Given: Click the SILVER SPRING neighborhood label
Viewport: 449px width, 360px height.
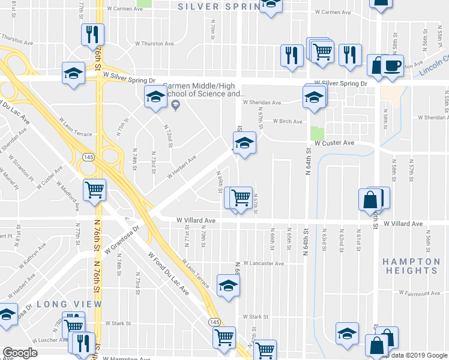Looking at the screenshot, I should [218, 7].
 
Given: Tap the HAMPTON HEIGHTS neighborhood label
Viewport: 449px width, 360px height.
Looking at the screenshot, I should [412, 266].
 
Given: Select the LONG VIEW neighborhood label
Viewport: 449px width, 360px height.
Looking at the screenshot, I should [70, 304].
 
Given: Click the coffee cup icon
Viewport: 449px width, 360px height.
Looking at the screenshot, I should [392, 65].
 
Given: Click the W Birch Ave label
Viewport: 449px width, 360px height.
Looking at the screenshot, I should [288, 121].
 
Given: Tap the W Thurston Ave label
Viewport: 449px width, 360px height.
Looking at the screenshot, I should [154, 44].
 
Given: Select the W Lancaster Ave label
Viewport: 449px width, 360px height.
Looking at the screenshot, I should [264, 263].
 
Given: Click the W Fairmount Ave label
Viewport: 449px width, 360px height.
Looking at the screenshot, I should [420, 293].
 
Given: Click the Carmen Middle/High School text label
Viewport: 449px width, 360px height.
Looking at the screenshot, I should [204, 89].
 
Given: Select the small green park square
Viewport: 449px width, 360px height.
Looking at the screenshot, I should [317, 133].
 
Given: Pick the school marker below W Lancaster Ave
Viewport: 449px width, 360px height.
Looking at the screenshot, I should [228, 286].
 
